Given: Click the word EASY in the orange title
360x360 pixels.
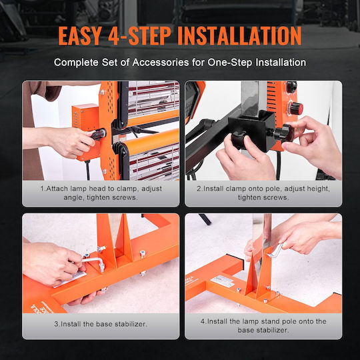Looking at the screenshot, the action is (x=80, y=35).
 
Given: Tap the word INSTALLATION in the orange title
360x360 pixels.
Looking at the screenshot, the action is (x=239, y=35).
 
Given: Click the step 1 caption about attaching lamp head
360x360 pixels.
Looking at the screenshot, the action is (x=101, y=193).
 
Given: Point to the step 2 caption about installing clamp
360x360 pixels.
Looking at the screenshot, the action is (x=263, y=193).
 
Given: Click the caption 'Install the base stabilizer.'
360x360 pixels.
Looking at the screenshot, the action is (x=101, y=324).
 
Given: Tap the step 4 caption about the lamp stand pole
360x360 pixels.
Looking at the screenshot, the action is (x=263, y=325).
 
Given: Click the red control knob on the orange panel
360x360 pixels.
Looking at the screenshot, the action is (x=296, y=109).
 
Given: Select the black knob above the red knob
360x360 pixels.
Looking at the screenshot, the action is (x=291, y=87).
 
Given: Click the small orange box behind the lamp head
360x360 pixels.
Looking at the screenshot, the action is (x=85, y=117).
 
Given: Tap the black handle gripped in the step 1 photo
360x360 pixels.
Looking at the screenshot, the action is (x=99, y=135).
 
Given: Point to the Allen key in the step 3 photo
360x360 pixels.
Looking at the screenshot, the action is (x=93, y=263).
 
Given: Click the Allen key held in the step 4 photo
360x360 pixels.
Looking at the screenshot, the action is (x=275, y=251).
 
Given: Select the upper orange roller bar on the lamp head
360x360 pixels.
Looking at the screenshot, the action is (x=153, y=117).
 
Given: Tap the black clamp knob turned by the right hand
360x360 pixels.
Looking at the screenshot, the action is (x=284, y=133).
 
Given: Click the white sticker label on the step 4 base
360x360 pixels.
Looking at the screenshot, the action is (x=222, y=281).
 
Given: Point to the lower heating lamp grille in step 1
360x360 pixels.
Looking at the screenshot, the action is (x=154, y=162).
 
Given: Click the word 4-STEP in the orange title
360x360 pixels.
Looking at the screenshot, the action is (x=139, y=35).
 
